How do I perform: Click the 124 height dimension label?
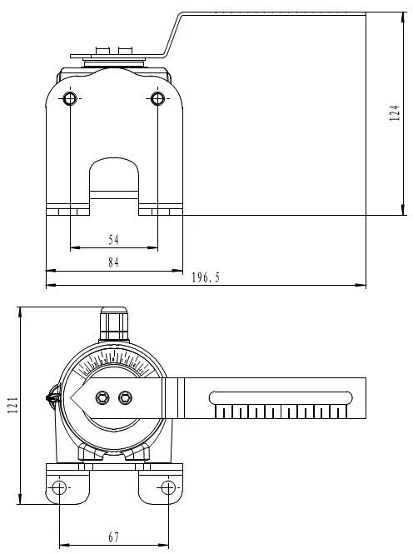pos(396,113)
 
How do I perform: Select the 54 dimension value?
pos(113,239)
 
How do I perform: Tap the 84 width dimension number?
pos(113,262)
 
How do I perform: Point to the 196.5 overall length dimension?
pos(206,277)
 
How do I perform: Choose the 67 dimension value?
pos(113,537)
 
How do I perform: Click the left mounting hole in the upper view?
pos(70,99)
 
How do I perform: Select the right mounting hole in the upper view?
pos(157,99)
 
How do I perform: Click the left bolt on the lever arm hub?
pos(102,397)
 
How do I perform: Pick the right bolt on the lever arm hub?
pos(126,397)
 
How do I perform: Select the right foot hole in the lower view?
pos(168,487)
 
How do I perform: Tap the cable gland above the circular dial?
pos(113,323)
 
